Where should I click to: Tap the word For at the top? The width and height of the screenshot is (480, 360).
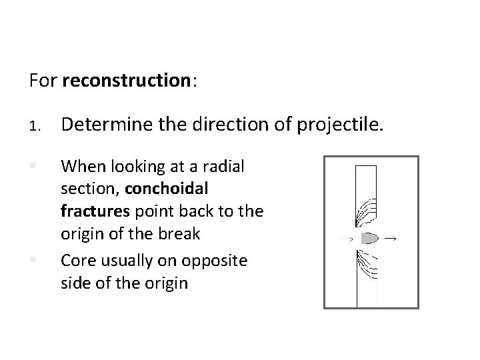(x=43, y=81)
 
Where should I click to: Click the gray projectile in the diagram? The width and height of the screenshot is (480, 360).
(x=369, y=237)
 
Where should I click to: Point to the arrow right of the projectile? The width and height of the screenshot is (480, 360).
(x=391, y=237)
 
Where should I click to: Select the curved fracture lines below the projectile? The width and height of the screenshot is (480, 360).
(x=365, y=266)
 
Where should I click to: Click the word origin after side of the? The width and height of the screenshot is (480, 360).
(x=167, y=283)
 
